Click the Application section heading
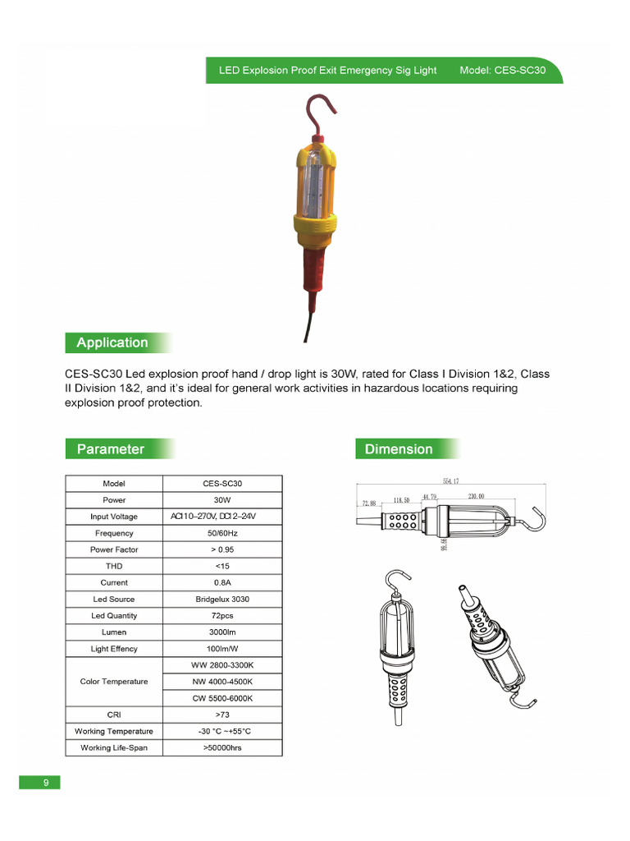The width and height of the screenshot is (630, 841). pyautogui.click(x=112, y=342)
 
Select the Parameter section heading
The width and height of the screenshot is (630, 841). pyautogui.click(x=110, y=448)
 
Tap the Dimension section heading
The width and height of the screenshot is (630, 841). pyautogui.click(x=399, y=448)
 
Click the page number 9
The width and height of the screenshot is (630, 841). pyautogui.click(x=46, y=783)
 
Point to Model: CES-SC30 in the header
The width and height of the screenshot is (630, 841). pyautogui.click(x=502, y=71)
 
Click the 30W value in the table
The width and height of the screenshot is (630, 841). pyautogui.click(x=222, y=500)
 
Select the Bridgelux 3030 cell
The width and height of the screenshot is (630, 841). pyautogui.click(x=222, y=600)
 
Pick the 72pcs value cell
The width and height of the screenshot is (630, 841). pyautogui.click(x=222, y=616)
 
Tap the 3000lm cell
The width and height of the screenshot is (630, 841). pyautogui.click(x=222, y=632)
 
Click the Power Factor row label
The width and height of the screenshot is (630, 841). pyautogui.click(x=114, y=549)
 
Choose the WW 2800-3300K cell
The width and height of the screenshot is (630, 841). pyautogui.click(x=222, y=665)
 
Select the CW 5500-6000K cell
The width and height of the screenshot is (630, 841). pyautogui.click(x=222, y=698)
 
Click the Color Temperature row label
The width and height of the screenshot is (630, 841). pyautogui.click(x=114, y=682)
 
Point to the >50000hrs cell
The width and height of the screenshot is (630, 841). pyautogui.click(x=222, y=748)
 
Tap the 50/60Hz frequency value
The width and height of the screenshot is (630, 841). pyautogui.click(x=222, y=533)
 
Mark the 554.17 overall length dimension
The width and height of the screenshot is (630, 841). pyautogui.click(x=450, y=480)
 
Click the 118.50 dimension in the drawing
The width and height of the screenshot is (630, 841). pyautogui.click(x=401, y=499)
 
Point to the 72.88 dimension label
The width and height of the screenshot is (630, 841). pyautogui.click(x=367, y=503)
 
